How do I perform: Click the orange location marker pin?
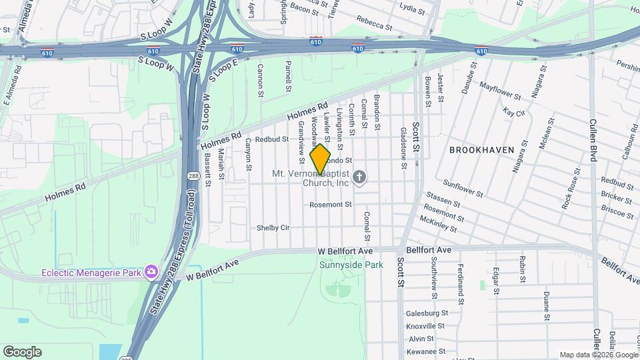click(x=320, y=159)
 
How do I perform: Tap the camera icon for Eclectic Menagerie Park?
click(x=151, y=271)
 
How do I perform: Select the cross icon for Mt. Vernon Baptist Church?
click(x=359, y=177)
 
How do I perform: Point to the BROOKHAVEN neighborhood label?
click(x=481, y=150)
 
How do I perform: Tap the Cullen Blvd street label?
click(x=592, y=139)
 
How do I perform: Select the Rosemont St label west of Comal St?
click(x=330, y=205)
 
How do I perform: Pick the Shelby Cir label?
click(x=273, y=228)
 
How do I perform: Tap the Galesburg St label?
click(x=426, y=313)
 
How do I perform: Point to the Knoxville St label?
click(x=425, y=326)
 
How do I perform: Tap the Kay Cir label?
click(x=514, y=113)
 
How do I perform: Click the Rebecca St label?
click(x=374, y=23)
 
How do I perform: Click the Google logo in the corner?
click(x=22, y=352)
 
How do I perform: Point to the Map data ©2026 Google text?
click(x=599, y=355)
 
